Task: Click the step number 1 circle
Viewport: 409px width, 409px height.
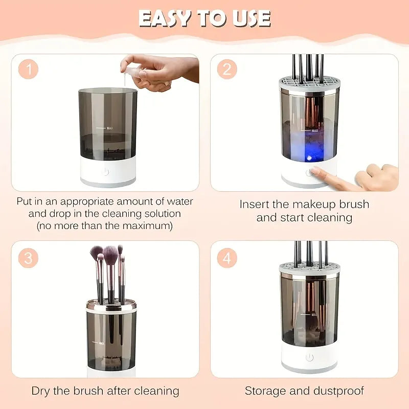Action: point(29,70)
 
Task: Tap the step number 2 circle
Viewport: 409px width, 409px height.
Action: point(226,70)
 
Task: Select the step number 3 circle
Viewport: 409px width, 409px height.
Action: point(29,258)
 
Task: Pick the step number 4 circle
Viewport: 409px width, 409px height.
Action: point(226,258)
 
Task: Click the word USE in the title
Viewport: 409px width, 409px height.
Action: point(251,18)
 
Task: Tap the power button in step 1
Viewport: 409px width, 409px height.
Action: point(106,171)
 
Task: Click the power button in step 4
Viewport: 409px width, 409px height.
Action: point(309,357)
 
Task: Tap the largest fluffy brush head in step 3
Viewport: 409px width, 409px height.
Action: point(110,253)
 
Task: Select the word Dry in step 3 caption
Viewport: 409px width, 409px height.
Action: point(41,391)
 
